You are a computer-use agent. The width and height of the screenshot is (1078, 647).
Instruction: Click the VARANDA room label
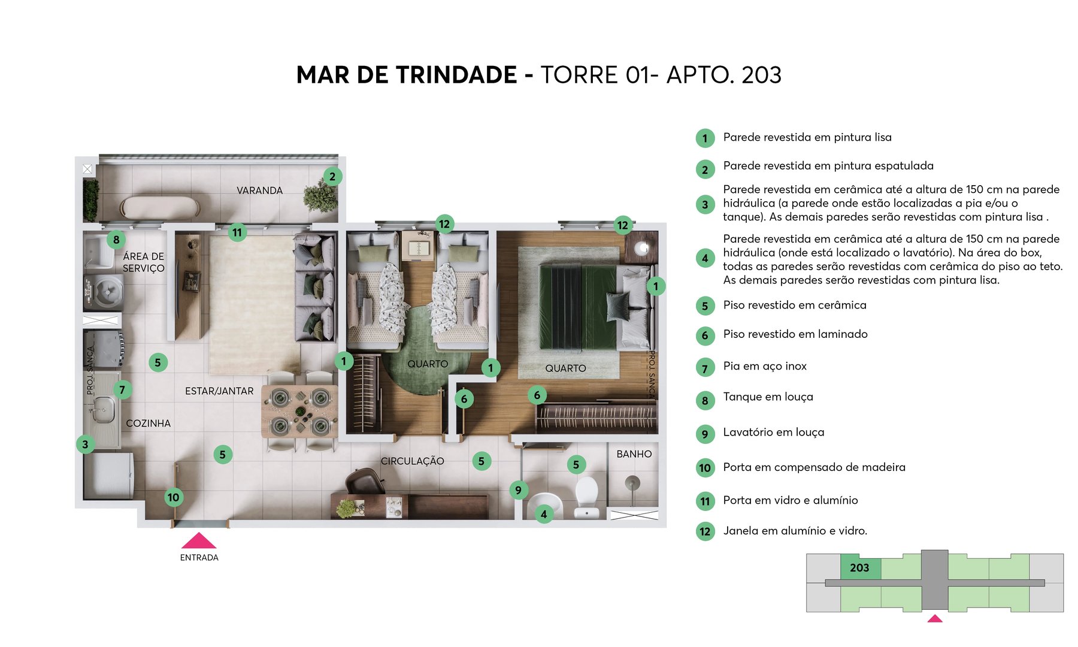259,191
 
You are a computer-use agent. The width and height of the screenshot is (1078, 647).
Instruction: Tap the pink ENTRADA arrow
199,541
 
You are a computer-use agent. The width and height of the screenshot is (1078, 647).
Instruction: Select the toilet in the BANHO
586,495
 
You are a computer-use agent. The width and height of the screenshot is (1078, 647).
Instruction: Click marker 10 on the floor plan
174,497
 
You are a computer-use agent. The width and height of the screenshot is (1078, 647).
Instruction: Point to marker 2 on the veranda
332,177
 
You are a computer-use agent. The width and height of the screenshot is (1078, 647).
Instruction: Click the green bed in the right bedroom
578,307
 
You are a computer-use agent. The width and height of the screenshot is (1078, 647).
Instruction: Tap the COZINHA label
148,424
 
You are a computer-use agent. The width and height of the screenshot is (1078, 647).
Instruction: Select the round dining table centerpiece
300,411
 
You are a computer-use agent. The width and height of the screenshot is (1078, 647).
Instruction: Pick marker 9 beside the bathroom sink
519,490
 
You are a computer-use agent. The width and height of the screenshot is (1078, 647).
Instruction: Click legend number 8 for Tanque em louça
705,401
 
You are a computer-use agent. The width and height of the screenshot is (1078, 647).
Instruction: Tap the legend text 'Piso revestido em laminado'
795,334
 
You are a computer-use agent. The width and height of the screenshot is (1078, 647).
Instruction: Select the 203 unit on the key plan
860,568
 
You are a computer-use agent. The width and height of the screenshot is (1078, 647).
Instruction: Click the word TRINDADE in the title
456,75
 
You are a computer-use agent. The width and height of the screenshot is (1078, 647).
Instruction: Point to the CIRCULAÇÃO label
412,461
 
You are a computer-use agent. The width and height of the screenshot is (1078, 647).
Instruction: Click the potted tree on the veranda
319,196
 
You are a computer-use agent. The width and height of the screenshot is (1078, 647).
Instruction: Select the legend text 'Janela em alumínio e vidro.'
795,531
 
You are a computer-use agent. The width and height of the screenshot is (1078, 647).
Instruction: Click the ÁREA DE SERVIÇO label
143,262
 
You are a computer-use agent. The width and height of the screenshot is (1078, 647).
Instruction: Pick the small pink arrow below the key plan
935,619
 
